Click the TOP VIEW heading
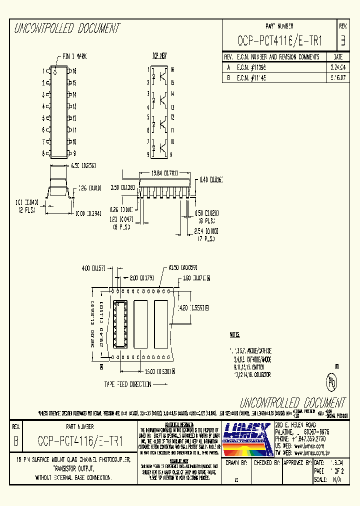tap(159, 56)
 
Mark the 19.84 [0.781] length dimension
tap(164, 173)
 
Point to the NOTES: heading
tap(235, 334)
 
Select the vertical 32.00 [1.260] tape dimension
tap(93, 324)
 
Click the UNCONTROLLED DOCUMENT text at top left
tap(67, 28)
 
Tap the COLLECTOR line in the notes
tap(252, 374)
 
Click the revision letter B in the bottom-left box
tap(16, 441)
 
